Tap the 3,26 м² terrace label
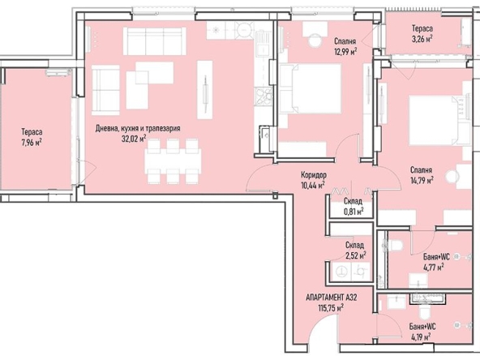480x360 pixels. [421, 38]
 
